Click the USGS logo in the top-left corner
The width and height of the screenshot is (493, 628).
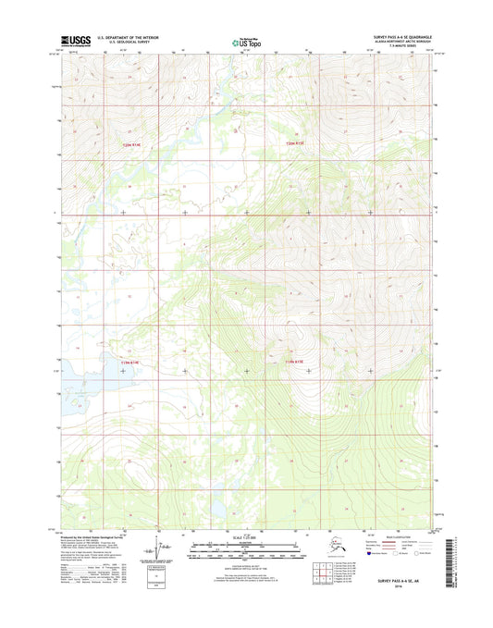pos(77,40)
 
